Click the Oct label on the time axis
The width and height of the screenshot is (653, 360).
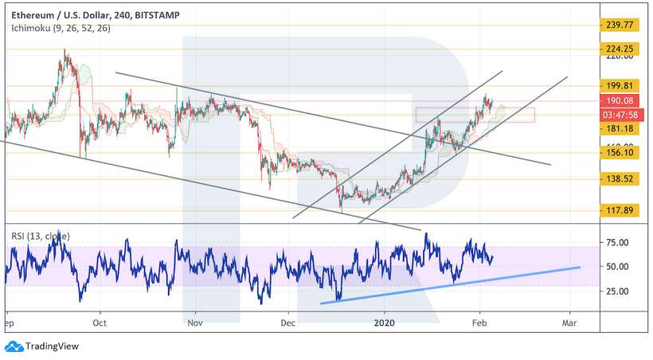coord(100,324)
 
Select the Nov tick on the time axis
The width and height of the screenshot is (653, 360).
coord(195,324)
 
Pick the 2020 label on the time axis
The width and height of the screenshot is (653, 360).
coord(385,324)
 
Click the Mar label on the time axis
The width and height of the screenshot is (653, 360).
coord(569,324)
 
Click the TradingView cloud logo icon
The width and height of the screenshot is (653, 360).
coord(14,346)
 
